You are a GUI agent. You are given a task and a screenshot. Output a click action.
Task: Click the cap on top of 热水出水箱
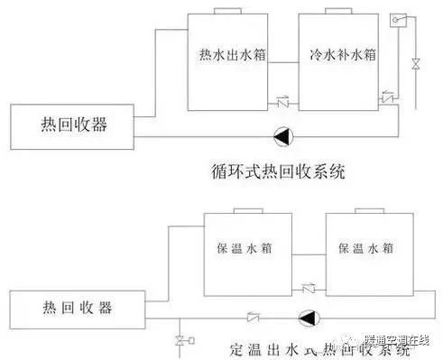pyautogui.click(x=228, y=13)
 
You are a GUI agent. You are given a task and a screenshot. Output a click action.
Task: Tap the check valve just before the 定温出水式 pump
pyautogui.click(x=254, y=318)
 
